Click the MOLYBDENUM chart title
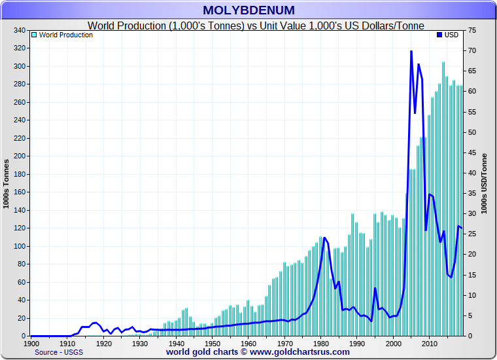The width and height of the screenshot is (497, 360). tap(248, 10)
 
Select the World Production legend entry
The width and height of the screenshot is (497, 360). tap(65, 35)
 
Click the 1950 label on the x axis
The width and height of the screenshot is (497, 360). tap(212, 343)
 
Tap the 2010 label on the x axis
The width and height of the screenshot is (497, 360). tap(429, 343)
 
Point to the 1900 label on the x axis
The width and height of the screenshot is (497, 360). tap(31, 343)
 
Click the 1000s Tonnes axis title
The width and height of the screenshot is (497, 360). tap(7, 183)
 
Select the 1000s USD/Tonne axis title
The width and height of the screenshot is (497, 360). tap(485, 183)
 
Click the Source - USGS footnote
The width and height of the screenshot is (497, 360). tap(59, 352)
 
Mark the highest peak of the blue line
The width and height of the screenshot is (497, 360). tap(411, 51)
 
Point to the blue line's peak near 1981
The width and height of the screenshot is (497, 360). tap(324, 238)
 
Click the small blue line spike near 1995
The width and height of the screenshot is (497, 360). tap(375, 289)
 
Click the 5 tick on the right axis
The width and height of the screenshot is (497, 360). tap(471, 316)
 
